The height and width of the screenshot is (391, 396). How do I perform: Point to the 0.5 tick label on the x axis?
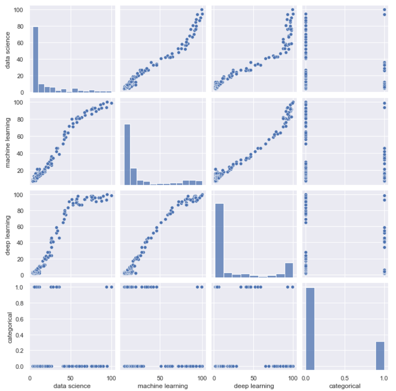(344, 377)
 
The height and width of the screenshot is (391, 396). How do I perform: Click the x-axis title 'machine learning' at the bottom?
(162, 386)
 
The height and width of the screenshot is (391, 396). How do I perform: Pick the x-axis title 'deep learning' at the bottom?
(253, 386)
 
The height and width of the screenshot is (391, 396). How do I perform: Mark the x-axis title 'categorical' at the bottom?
(345, 386)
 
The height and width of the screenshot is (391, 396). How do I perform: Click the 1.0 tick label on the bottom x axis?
(384, 377)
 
